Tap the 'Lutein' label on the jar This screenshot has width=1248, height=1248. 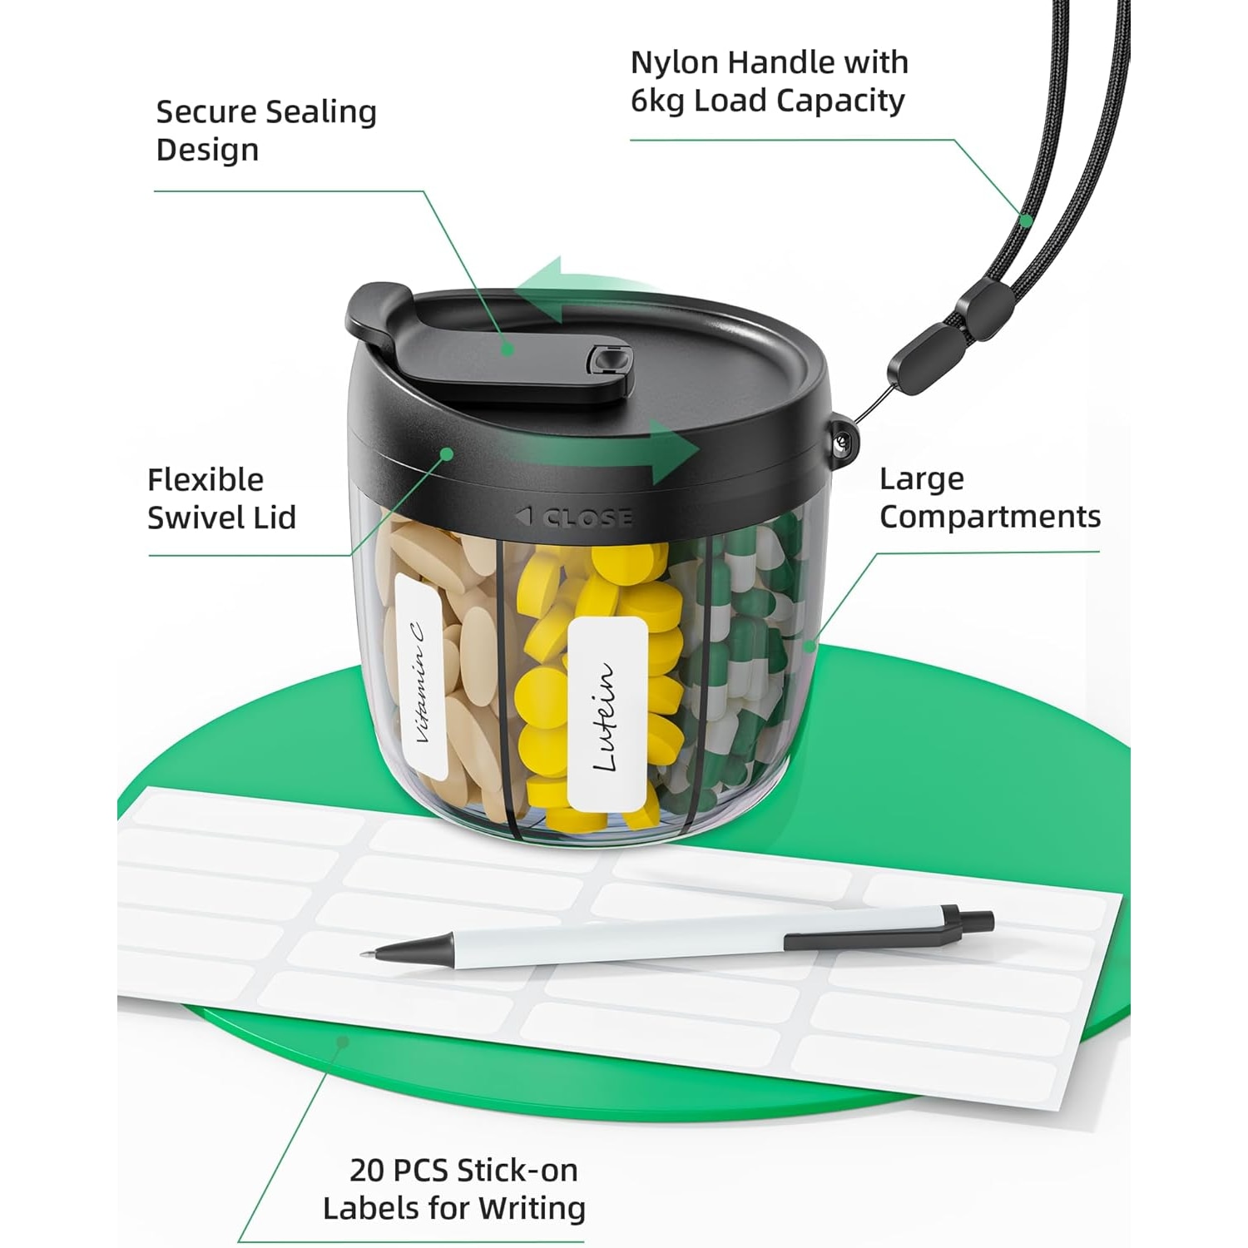[608, 713]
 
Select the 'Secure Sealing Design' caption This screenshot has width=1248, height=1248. [266, 131]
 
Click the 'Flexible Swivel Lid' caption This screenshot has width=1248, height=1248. [221, 498]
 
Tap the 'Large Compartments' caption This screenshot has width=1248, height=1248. [990, 498]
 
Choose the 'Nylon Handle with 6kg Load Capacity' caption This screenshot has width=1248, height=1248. [769, 81]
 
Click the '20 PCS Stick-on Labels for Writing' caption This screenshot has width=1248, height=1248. [454, 1188]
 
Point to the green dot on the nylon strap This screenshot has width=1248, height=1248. [1028, 220]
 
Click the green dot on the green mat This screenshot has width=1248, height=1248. [341, 1041]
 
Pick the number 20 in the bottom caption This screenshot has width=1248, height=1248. [368, 1171]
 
